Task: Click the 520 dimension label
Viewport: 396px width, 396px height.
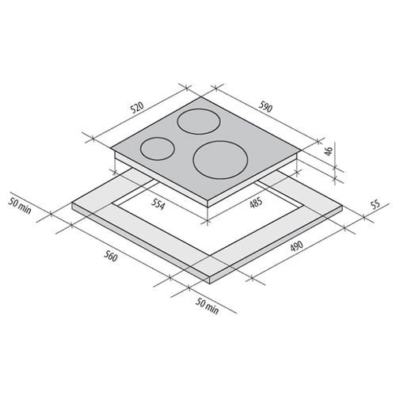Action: coord(139,109)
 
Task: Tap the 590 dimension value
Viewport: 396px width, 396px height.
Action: coord(265,107)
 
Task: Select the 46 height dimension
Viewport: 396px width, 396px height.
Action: coord(329,151)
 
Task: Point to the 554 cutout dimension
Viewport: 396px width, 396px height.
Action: coord(158,204)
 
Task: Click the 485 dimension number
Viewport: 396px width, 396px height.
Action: coord(256,203)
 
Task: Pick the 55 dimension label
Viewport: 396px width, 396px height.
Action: coord(375,205)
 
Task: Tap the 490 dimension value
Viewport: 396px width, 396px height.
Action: coord(296,246)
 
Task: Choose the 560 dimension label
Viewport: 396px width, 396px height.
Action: coord(109,255)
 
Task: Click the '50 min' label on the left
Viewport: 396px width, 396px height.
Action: coord(20,206)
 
